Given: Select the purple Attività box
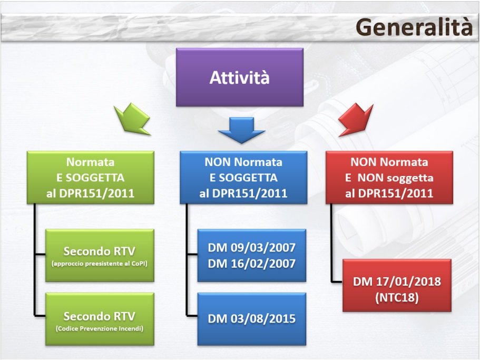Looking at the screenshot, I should point(239,77).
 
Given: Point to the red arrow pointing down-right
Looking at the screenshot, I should point(355,119).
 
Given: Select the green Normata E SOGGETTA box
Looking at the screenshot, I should point(90,177).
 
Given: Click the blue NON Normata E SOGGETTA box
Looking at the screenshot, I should point(243,177).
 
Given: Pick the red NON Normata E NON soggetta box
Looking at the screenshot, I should point(389,177).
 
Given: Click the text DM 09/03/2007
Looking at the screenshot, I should point(251,248).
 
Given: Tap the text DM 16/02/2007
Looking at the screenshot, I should point(251,262).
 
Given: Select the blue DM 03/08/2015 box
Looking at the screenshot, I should point(251,318).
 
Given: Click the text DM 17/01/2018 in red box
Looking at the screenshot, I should point(397,281).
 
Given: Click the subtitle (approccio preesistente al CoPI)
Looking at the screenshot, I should point(99,262).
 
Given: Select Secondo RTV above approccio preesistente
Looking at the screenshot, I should point(99,250).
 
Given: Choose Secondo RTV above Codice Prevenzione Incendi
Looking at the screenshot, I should point(99,316).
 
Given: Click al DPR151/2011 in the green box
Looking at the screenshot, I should point(90,193).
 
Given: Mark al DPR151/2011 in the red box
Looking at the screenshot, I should point(389,193).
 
